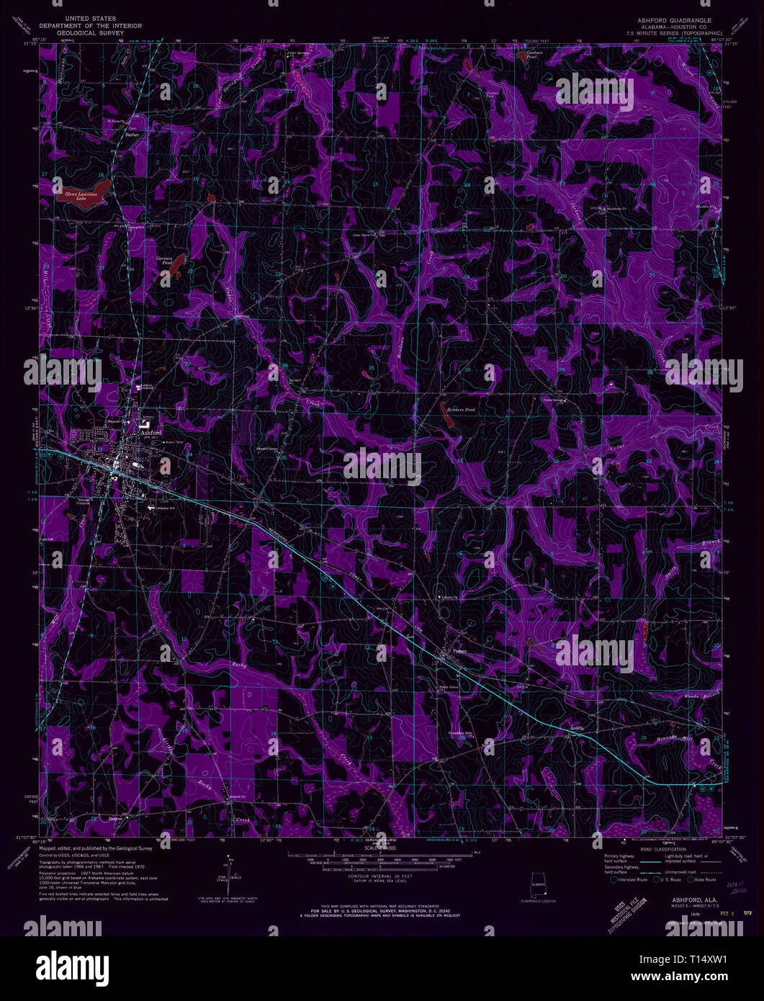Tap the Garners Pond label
(166, 260)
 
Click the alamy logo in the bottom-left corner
(61, 961)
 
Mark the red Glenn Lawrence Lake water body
(83, 189)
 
